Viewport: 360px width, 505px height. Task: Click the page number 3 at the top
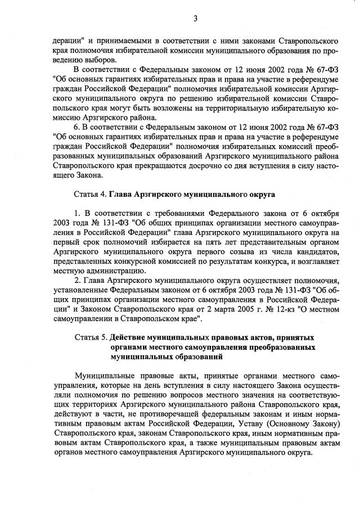(x=195, y=19)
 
